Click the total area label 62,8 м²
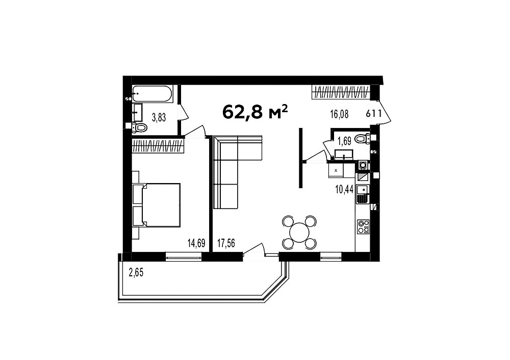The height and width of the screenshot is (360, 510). (255, 112)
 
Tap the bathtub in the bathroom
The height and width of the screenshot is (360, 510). (152, 94)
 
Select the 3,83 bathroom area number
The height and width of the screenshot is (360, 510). (159, 117)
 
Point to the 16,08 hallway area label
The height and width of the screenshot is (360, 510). (339, 114)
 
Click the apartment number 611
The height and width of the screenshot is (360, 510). (374, 114)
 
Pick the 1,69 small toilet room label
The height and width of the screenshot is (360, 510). (344, 141)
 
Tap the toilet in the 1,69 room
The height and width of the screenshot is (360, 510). (362, 139)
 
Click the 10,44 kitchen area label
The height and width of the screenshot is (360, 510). (344, 190)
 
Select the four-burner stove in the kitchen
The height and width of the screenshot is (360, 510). (363, 226)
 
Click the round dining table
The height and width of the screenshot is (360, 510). (299, 233)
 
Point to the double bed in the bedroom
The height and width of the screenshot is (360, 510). (157, 205)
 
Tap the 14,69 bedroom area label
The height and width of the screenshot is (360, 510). (196, 243)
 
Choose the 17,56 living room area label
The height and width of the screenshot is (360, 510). (226, 243)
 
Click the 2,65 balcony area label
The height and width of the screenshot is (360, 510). (136, 272)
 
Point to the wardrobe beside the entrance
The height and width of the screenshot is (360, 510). (341, 92)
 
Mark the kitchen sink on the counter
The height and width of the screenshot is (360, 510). (363, 190)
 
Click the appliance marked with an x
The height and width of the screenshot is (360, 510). (336, 170)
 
